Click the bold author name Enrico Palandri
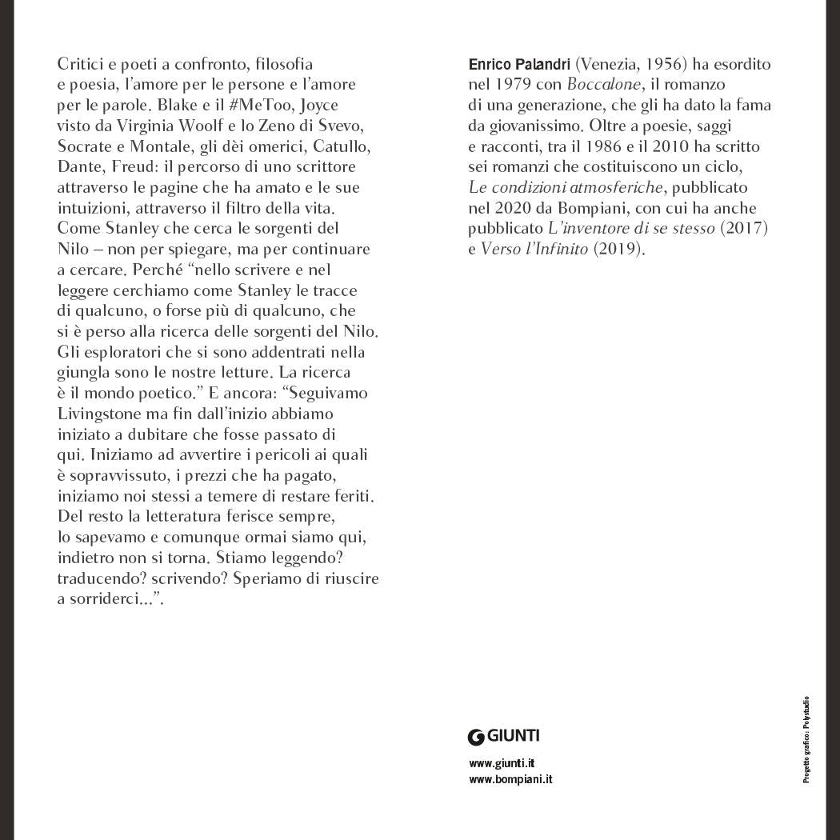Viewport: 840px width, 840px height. tap(519, 64)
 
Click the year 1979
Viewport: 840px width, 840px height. tap(514, 85)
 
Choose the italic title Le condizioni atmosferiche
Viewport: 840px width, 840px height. tap(566, 187)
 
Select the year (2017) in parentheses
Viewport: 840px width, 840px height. tap(744, 229)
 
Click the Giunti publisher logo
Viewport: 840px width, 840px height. tap(504, 736)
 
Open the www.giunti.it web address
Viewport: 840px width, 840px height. tap(502, 763)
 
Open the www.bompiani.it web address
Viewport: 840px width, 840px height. tap(510, 778)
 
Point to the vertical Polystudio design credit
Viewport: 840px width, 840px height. tap(806, 739)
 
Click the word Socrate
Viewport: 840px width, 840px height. tap(87, 146)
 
